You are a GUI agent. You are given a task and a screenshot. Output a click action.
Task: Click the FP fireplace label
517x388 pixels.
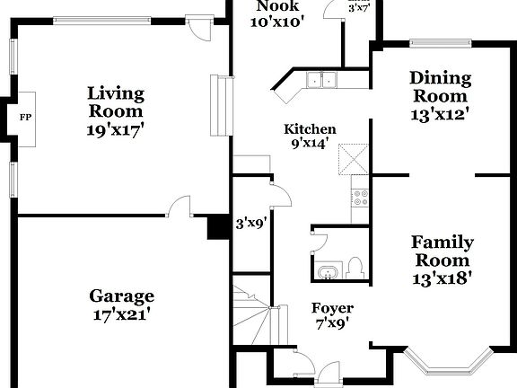click(24, 117)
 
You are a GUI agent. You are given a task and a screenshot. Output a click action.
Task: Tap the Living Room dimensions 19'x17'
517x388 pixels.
click(115, 129)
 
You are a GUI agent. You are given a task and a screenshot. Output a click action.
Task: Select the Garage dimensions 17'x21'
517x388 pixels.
click(121, 314)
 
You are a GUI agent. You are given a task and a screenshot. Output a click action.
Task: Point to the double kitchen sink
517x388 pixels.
click(320, 81)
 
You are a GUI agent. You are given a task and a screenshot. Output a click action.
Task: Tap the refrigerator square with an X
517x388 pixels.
click(352, 162)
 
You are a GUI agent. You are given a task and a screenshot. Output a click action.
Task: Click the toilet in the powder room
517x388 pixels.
click(355, 267)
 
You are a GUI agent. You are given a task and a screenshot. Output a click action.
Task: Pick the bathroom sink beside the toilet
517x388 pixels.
click(325, 271)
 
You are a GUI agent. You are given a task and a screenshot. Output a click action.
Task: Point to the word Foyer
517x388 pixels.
click(332, 307)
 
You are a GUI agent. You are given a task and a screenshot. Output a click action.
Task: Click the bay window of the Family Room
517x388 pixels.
click(446, 364)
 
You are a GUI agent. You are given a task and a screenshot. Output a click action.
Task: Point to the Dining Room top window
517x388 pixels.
click(440, 41)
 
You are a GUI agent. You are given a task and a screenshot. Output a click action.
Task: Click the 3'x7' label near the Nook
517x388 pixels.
click(359, 6)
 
